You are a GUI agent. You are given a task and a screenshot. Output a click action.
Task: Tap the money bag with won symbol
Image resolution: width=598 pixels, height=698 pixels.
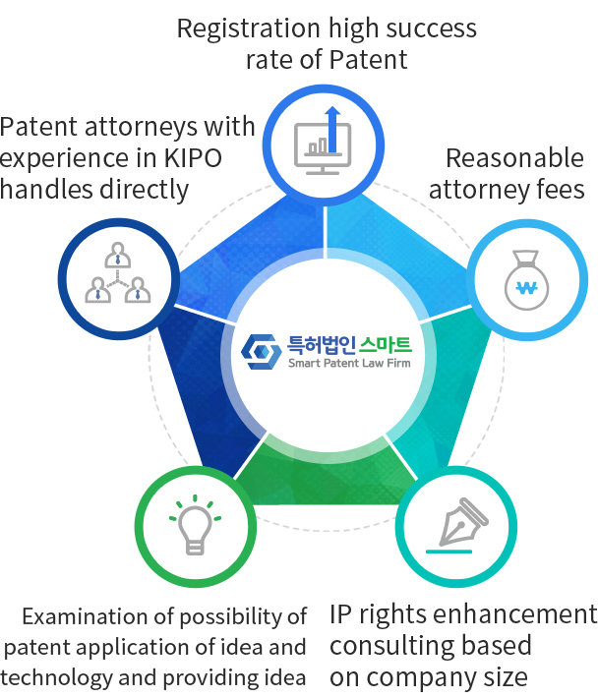[527, 279]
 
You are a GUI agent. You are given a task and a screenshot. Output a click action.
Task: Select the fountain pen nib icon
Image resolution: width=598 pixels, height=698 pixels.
[457, 525]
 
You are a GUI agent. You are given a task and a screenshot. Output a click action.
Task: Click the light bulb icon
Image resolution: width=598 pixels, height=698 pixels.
[195, 525]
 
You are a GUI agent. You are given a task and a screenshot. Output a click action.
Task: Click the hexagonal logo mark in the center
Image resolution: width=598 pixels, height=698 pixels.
[262, 352]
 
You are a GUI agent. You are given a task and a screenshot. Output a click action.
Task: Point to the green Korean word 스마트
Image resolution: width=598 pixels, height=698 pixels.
[386, 345]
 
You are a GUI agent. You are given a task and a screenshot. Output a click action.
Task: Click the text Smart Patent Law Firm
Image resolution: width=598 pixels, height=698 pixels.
[349, 363]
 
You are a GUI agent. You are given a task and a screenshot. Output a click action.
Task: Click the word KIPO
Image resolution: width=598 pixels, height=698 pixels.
[193, 157]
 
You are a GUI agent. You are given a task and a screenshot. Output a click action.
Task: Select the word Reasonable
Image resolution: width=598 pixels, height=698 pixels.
[514, 158]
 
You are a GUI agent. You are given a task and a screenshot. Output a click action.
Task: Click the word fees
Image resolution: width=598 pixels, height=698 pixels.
[561, 189]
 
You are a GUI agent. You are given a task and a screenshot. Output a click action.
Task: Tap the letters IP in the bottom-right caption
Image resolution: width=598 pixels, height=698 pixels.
[340, 614]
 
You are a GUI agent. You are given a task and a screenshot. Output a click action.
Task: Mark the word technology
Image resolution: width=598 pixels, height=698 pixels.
[56, 678]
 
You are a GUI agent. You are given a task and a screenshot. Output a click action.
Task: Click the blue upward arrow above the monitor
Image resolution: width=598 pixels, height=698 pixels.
[332, 129]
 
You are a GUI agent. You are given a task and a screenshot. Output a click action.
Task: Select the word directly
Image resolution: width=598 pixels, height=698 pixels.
[145, 190]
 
